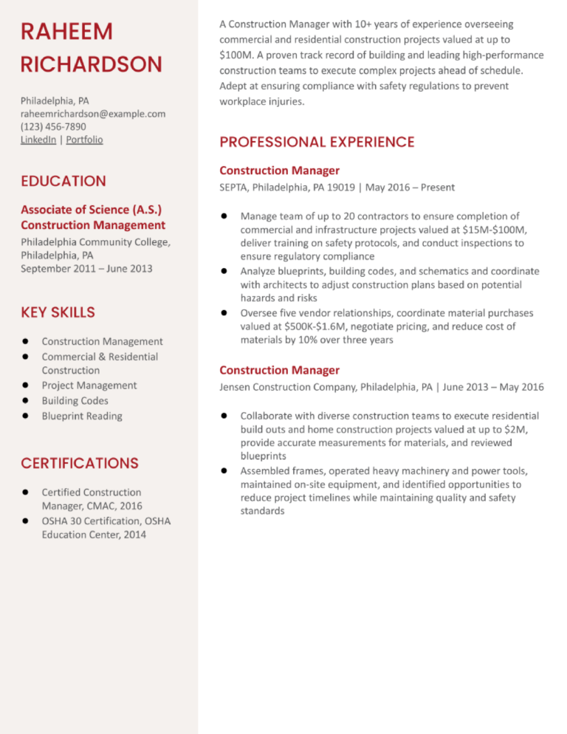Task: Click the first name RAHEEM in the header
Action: (x=66, y=32)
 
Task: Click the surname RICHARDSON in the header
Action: (x=92, y=64)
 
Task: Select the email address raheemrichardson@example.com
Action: (x=93, y=114)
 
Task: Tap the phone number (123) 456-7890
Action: (x=53, y=126)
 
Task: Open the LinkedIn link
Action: (x=38, y=140)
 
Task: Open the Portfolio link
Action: (x=84, y=140)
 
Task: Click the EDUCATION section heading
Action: (x=63, y=181)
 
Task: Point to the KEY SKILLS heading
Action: (x=58, y=312)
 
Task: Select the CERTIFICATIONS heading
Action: (x=79, y=463)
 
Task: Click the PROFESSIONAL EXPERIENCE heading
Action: (x=317, y=142)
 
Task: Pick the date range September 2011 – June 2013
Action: (x=86, y=268)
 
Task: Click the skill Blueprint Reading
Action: (x=82, y=416)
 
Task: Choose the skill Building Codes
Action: (x=75, y=400)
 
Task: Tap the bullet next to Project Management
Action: (x=25, y=385)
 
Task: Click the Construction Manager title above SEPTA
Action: (x=279, y=171)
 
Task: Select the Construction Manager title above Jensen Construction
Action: (x=279, y=370)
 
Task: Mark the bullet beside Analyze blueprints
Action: (x=224, y=272)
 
